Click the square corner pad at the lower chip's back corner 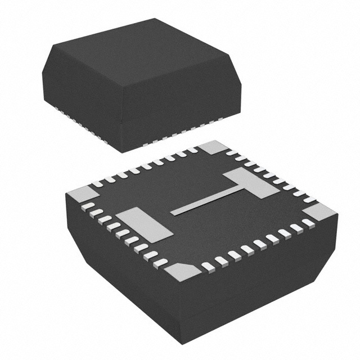(x=212, y=148)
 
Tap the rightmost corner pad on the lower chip (x=320, y=213)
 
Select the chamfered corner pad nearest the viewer (x=181, y=272)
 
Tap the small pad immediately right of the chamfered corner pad (x=208, y=268)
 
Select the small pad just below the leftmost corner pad (x=87, y=208)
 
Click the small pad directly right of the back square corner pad (x=232, y=153)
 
